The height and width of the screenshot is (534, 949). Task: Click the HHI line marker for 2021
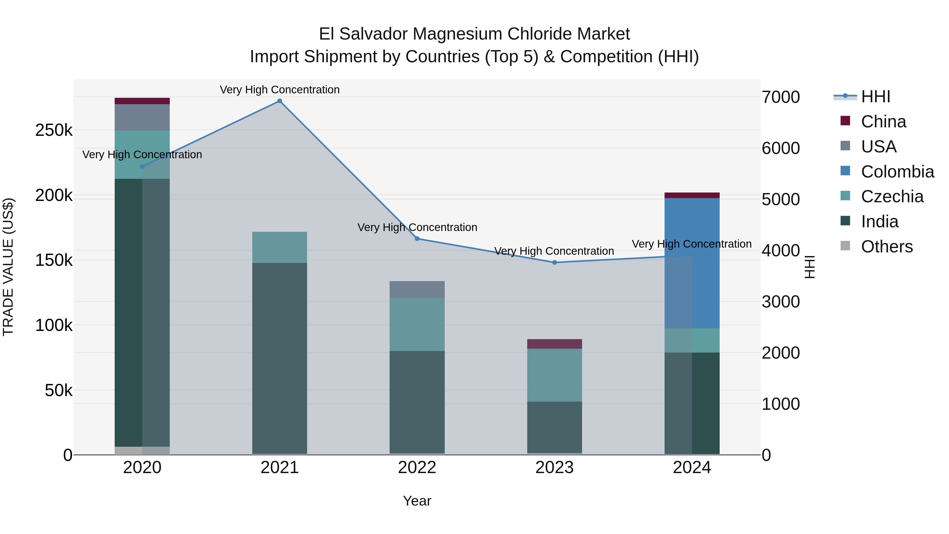[x=280, y=101]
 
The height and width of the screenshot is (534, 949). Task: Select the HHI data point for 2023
[x=554, y=262]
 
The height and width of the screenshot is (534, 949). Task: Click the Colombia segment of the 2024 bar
[x=692, y=263]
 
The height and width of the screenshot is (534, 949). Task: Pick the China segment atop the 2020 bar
[x=142, y=101]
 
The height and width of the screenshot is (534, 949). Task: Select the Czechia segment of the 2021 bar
[x=280, y=247]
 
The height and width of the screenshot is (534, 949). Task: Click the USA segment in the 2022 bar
[x=417, y=289]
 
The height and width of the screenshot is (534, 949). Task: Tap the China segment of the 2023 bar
[x=554, y=344]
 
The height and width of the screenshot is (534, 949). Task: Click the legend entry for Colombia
[x=897, y=172]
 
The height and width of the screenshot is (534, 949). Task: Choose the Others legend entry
[x=887, y=247]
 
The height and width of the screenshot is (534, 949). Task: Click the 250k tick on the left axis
[x=54, y=130]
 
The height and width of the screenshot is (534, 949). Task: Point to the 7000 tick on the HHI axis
[x=781, y=97]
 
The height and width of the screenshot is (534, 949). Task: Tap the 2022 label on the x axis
[x=417, y=468]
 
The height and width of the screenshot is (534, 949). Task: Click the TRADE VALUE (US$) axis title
[x=8, y=267]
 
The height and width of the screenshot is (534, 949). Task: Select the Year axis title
[x=417, y=501]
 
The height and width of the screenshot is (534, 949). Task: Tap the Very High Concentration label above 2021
[x=280, y=90]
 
